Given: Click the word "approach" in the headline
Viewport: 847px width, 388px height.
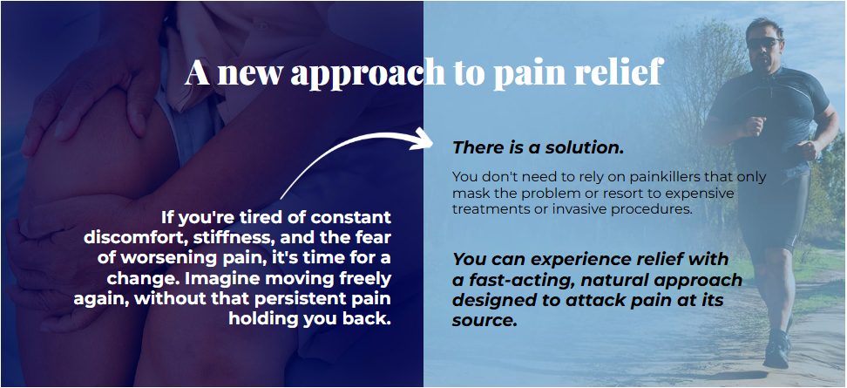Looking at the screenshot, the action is tap(368, 72).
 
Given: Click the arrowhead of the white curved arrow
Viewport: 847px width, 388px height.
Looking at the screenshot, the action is tap(422, 140).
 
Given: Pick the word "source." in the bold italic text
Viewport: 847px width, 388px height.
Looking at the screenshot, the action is tap(484, 321).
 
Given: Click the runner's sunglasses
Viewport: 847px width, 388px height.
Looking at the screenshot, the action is tap(764, 43).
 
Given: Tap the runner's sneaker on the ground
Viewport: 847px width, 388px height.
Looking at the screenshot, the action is tap(776, 351).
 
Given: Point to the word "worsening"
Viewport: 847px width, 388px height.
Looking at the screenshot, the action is tap(147, 258).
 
